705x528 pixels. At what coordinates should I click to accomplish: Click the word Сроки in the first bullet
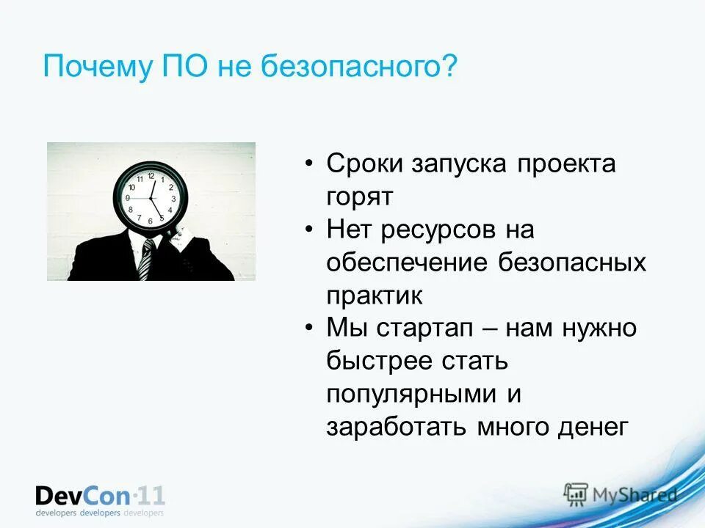pyautogui.click(x=366, y=164)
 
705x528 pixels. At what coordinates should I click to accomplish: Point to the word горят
pyautogui.click(x=361, y=197)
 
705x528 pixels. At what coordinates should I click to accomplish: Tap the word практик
pyautogui.click(x=374, y=296)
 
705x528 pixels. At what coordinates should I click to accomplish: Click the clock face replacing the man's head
pyautogui.click(x=151, y=197)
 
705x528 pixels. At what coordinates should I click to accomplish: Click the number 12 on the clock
pyautogui.click(x=151, y=176)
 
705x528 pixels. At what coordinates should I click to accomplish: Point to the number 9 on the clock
pyautogui.click(x=128, y=198)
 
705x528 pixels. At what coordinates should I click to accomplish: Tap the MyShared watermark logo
pyautogui.click(x=621, y=494)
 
